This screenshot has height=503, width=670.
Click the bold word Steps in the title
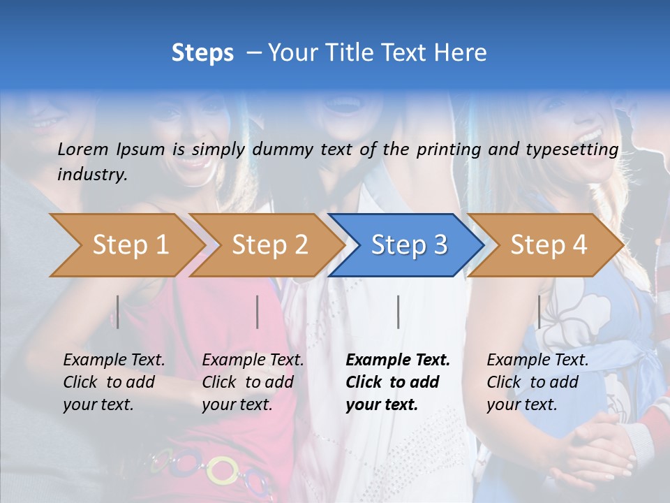[x=202, y=53]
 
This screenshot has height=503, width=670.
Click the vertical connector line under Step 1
[x=118, y=312]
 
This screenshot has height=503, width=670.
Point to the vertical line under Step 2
[x=258, y=312]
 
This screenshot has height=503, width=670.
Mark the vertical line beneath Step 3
[x=398, y=312]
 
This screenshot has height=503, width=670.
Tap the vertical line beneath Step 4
[x=539, y=312]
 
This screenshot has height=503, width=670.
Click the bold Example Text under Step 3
[x=398, y=382]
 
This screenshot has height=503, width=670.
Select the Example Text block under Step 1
[x=114, y=382]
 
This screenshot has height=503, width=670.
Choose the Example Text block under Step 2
[x=253, y=382]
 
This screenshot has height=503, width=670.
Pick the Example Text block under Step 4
[x=537, y=382]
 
